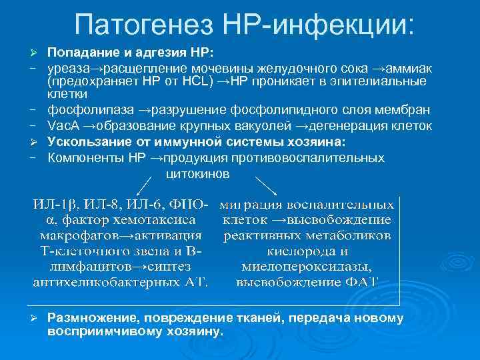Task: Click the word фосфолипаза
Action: point(84,109)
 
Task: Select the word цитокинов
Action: point(196,173)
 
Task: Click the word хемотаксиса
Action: point(161,219)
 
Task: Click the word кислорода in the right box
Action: point(296,251)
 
